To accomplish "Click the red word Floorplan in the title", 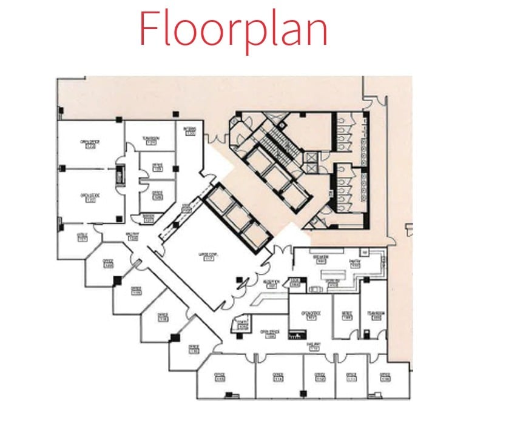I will [234, 28].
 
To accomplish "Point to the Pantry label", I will [355, 264].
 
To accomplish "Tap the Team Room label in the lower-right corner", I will [376, 316].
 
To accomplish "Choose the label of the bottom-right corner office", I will [385, 376].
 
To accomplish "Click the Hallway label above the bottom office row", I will [314, 347].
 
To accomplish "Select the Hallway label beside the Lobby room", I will [133, 238].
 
